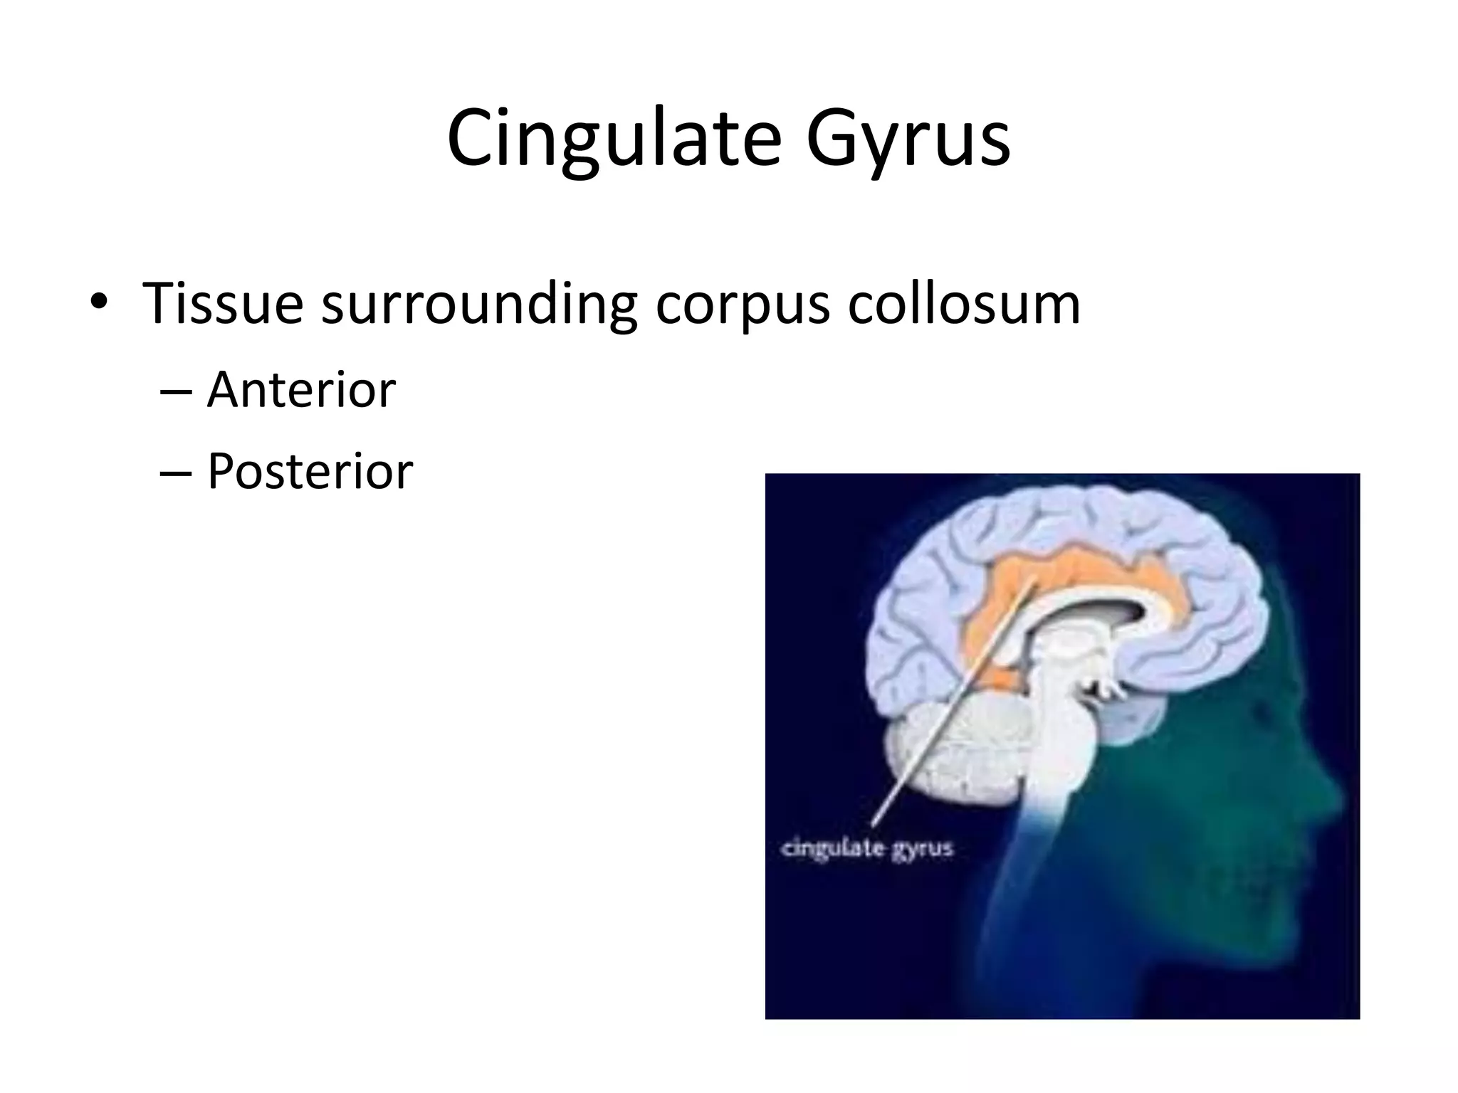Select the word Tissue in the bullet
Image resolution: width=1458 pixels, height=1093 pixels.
(x=223, y=304)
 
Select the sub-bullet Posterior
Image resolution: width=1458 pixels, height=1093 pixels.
(x=310, y=471)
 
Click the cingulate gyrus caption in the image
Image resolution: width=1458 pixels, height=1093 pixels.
(x=866, y=849)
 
